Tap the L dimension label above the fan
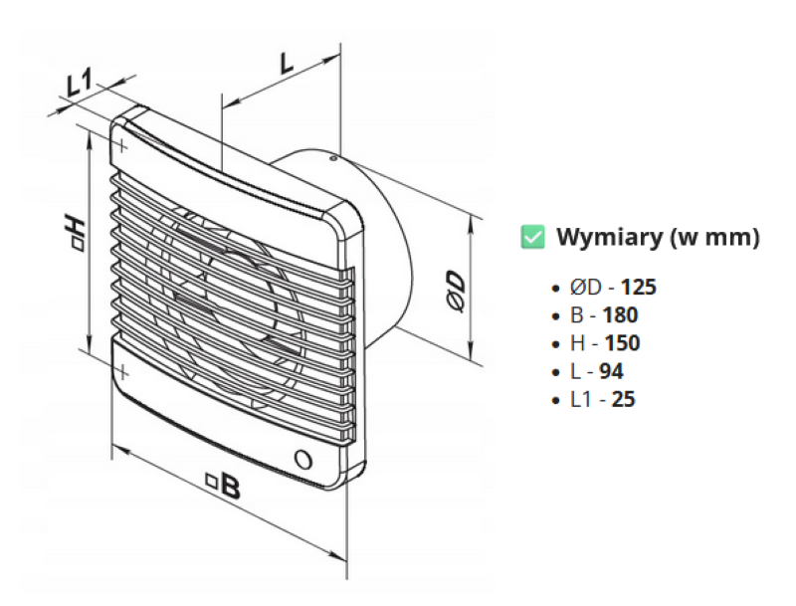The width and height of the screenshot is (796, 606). pos(287,63)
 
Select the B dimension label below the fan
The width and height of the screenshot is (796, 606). pos(228,487)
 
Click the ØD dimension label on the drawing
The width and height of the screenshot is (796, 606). pos(456,291)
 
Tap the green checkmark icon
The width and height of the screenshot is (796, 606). pos(533,237)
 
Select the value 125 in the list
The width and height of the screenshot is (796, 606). pos(639,288)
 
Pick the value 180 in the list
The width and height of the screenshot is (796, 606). pos(620,315)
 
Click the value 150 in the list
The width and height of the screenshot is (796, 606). pos(622,343)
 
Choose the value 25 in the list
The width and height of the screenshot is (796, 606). pos(624,399)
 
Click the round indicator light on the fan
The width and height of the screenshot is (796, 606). pos(303,460)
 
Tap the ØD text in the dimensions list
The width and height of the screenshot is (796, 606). pos(585,288)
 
